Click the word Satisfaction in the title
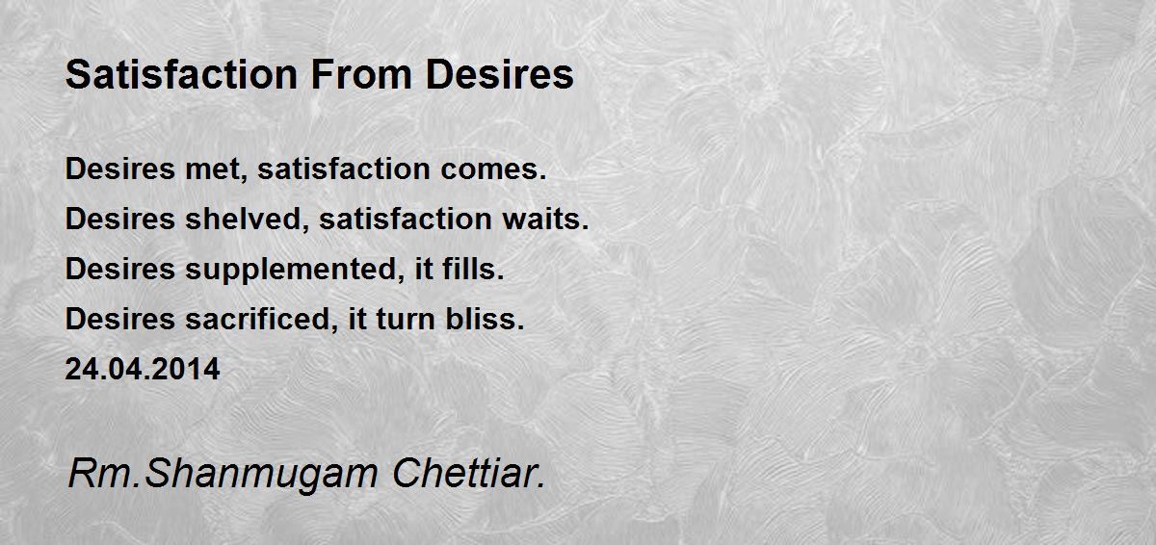(182, 75)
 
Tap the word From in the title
(361, 75)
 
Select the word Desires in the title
(500, 75)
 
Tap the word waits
(545, 220)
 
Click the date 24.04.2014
(143, 369)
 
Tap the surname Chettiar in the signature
(468, 474)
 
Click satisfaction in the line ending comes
(344, 169)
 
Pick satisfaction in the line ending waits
(406, 220)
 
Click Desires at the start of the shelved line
(120, 220)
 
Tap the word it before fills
(424, 269)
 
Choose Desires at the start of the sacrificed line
(120, 319)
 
